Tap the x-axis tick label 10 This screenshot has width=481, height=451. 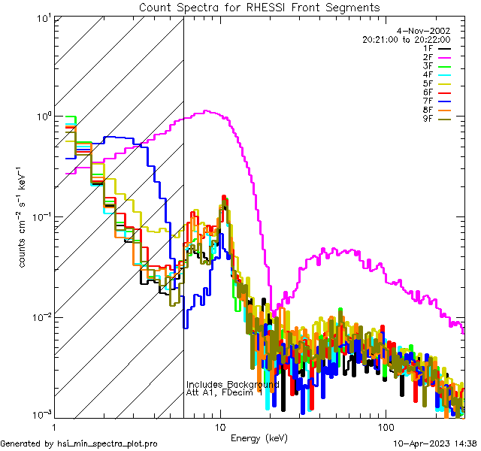[x=220, y=426]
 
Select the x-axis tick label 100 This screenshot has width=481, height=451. [x=385, y=426]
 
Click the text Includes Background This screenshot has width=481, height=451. [x=232, y=384]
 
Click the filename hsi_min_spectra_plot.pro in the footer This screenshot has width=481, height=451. [x=107, y=444]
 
